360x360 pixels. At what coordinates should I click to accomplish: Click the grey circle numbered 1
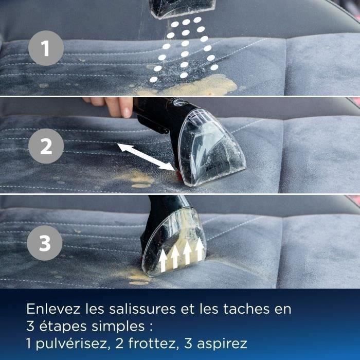coord(46,49)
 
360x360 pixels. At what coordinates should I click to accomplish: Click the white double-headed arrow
coord(147,156)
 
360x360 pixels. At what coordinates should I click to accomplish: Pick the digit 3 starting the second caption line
coord(30,326)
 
